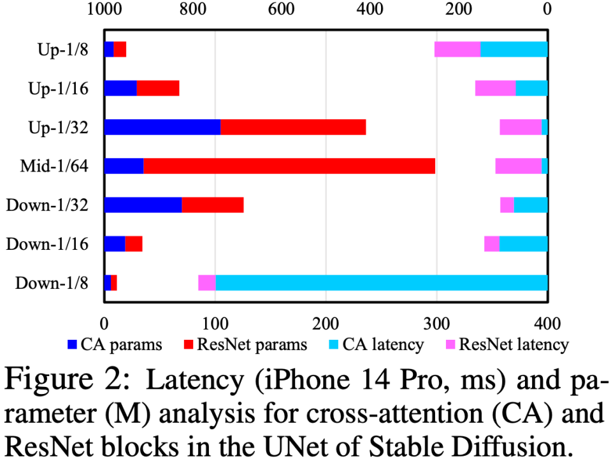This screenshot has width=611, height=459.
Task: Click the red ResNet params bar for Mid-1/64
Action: pos(289,166)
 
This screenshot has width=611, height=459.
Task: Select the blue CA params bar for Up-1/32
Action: pos(162,127)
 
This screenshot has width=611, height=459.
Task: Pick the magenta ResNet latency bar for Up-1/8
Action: pos(457,49)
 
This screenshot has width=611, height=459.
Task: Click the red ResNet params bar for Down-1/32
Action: pos(212,205)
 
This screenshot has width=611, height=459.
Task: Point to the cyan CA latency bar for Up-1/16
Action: pos(531,88)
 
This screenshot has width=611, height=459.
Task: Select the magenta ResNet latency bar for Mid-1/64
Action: pos(518,166)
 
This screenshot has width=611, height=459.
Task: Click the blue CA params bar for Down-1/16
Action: pos(115,244)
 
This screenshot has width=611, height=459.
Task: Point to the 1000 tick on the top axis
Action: pos(104,10)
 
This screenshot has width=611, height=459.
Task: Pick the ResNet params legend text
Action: pos(252,345)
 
